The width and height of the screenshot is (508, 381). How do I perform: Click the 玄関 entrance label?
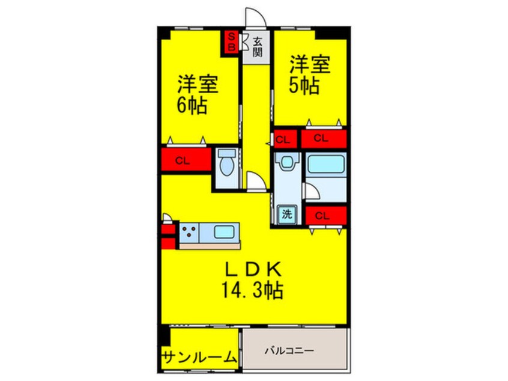(x=257, y=46)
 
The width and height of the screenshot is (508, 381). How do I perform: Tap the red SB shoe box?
(x=230, y=41)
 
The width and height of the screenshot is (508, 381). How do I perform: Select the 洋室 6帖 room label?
(x=196, y=95)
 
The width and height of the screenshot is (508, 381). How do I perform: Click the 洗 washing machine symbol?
(x=287, y=213)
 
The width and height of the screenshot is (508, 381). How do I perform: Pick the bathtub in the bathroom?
(x=325, y=165)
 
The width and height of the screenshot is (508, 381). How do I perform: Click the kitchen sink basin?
(x=225, y=231)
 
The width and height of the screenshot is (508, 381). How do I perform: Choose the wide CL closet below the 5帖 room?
(x=322, y=138)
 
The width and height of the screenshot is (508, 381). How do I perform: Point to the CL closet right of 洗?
(x=324, y=215)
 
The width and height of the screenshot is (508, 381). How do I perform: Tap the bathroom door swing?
(x=311, y=192)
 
